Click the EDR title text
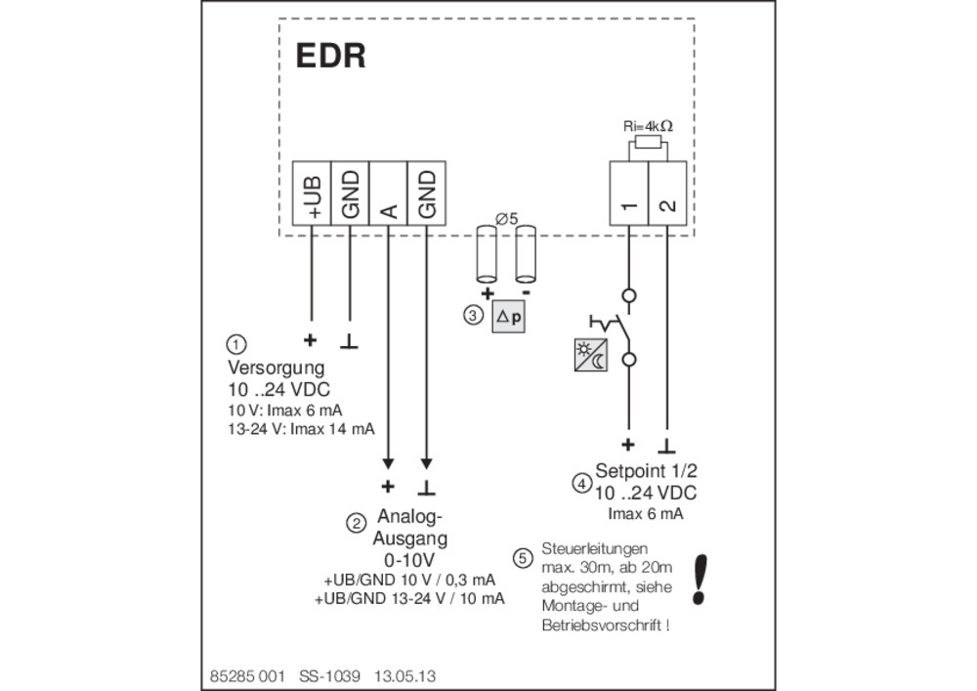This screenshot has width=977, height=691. (330, 56)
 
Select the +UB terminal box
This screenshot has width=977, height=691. (312, 194)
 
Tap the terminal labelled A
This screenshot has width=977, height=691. (388, 194)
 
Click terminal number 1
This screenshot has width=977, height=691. (628, 194)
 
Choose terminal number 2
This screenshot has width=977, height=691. (667, 194)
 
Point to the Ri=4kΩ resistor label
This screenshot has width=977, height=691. (648, 126)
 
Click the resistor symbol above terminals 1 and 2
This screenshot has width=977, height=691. (648, 144)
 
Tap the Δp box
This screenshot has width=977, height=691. (508, 317)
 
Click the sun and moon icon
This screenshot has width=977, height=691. (591, 355)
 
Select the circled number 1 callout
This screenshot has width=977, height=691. (235, 344)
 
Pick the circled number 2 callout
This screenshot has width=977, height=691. (356, 524)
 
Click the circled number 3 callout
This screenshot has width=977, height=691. (473, 316)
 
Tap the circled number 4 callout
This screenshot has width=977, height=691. (582, 483)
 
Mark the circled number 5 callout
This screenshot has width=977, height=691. (523, 558)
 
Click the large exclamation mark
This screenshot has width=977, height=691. (700, 580)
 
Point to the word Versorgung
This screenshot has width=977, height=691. (276, 367)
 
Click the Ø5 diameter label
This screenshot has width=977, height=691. (506, 219)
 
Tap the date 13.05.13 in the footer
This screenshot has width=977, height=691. (404, 676)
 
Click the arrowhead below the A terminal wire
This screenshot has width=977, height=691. (388, 463)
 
